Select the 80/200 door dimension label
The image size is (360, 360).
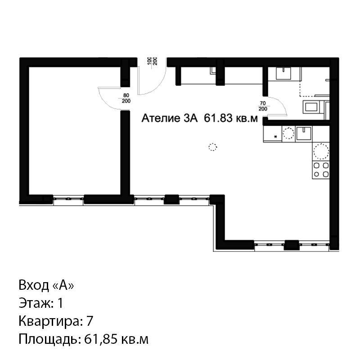point(126,98)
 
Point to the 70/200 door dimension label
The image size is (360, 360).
point(263,106)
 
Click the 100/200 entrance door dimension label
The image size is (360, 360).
point(152,61)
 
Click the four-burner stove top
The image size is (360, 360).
point(321,170)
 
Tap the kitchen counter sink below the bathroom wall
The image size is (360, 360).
point(303,133)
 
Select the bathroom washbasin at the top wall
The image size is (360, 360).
point(283,73)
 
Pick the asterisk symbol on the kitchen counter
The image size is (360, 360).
point(276,137)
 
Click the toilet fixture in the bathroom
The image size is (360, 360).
point(310,107)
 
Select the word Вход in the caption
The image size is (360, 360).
point(34,285)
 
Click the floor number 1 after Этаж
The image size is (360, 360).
point(60,303)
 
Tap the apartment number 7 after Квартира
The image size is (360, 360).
point(90,321)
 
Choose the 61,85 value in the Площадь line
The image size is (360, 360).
point(99,339)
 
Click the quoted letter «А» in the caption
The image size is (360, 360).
point(63,285)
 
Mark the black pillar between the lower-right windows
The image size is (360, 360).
point(292,245)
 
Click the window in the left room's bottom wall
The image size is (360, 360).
point(68,199)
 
